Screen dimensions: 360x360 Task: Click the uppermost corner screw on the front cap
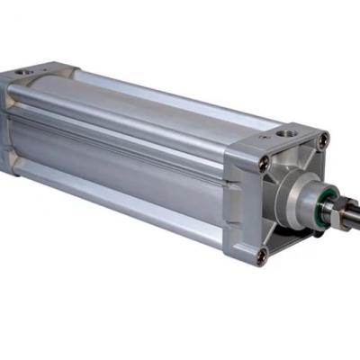pyautogui.click(x=323, y=139)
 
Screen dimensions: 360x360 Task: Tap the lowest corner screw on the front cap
pyautogui.click(x=262, y=255)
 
